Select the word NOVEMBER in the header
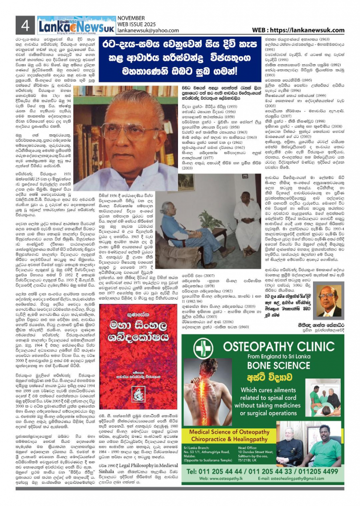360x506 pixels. (130, 17)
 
